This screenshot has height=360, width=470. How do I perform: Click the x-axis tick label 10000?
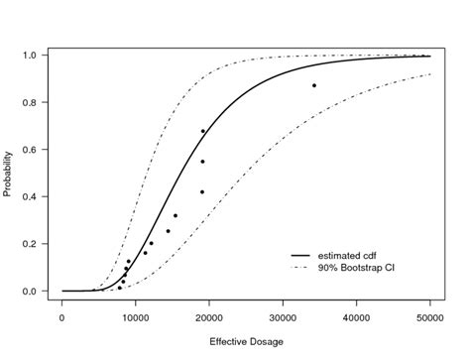coord(136,317)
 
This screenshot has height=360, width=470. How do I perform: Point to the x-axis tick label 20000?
coord(209,317)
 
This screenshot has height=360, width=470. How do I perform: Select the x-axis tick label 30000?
coord(283,317)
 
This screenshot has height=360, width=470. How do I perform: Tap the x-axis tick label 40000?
coord(357,317)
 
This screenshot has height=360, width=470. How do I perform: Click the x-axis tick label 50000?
coord(430,317)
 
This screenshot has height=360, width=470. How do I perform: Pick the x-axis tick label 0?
coord(62,317)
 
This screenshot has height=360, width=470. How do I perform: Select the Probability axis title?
coord(9,174)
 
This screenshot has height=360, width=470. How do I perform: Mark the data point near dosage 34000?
coord(314,85)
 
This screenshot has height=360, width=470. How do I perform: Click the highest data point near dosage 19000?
coord(203,131)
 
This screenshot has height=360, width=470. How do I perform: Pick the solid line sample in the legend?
coord(295,255)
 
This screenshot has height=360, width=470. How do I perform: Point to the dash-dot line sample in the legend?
coord(295,268)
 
